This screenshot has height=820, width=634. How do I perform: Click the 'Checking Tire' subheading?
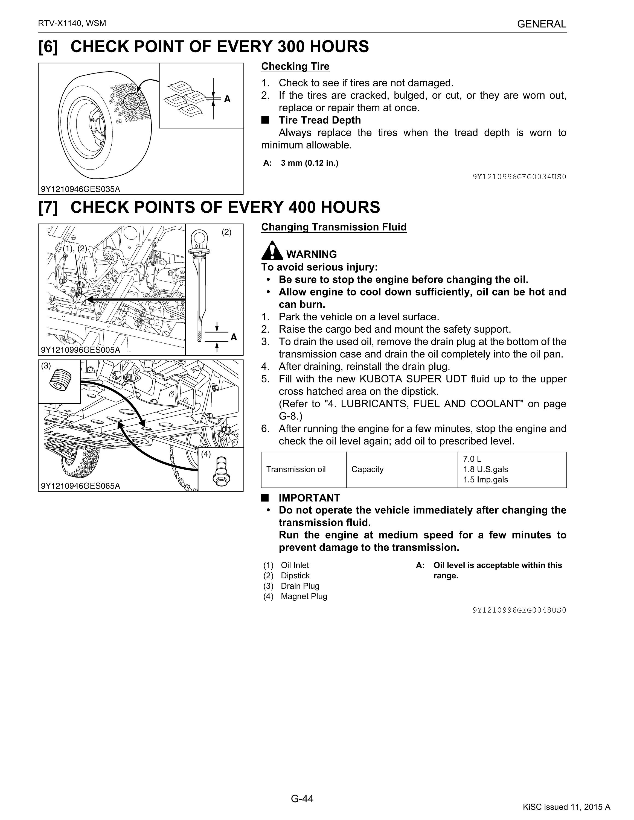click(295, 66)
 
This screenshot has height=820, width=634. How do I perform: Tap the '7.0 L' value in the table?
click(472, 459)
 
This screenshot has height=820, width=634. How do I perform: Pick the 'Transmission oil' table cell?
click(296, 469)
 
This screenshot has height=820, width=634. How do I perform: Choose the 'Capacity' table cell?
click(367, 469)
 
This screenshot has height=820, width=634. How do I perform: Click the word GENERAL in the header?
click(541, 24)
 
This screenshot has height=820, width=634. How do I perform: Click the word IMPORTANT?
click(309, 498)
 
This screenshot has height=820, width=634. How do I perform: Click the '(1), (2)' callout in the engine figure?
click(75, 248)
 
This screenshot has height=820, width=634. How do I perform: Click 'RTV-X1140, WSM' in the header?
click(72, 23)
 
